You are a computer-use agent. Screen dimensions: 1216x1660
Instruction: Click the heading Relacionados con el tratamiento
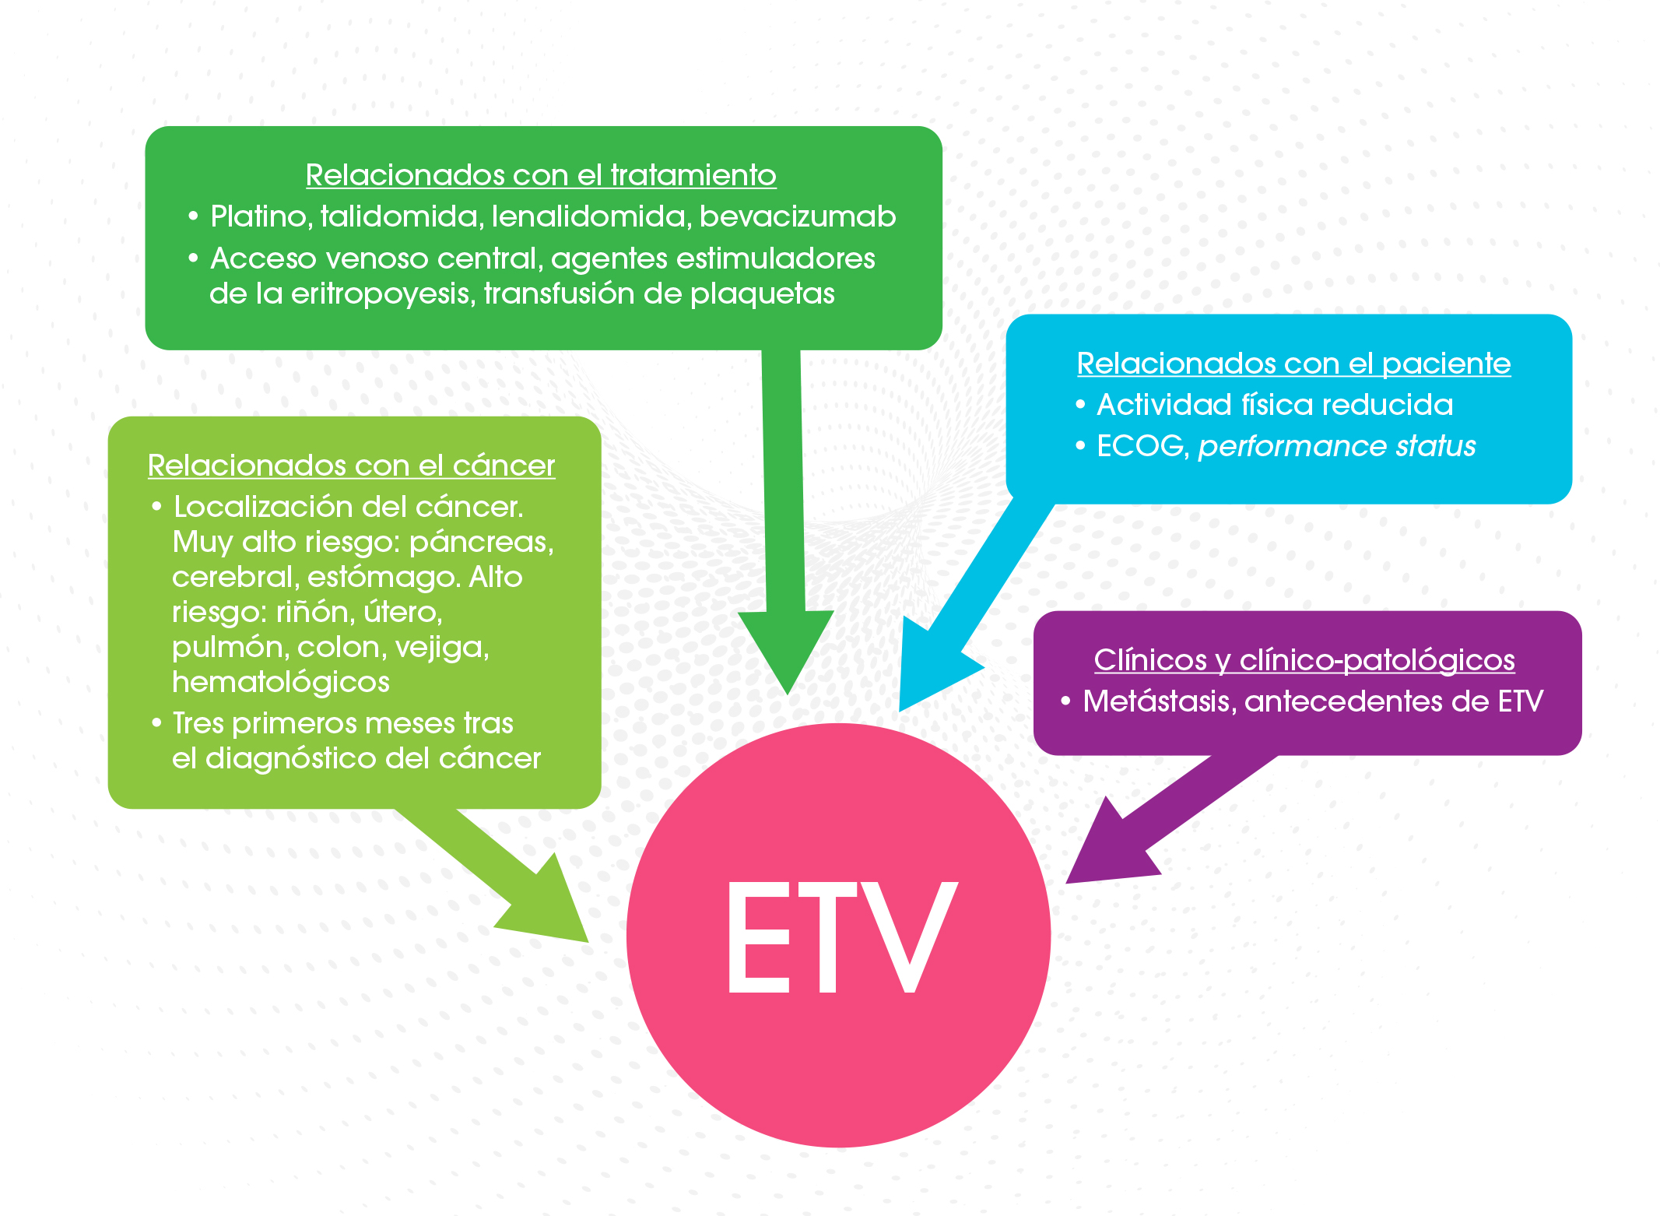click(541, 175)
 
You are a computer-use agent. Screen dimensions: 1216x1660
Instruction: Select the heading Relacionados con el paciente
click(1293, 364)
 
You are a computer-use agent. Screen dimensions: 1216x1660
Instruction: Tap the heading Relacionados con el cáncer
click(351, 466)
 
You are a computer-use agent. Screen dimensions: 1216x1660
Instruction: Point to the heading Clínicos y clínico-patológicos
click(1304, 660)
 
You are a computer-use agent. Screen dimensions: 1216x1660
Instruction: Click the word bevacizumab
click(798, 216)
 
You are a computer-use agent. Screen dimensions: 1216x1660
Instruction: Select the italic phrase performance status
click(1336, 446)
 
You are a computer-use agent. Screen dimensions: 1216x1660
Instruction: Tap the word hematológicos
click(281, 682)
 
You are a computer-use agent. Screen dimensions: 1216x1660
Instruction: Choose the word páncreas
click(481, 542)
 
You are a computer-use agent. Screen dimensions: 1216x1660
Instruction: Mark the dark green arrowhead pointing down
click(786, 646)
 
